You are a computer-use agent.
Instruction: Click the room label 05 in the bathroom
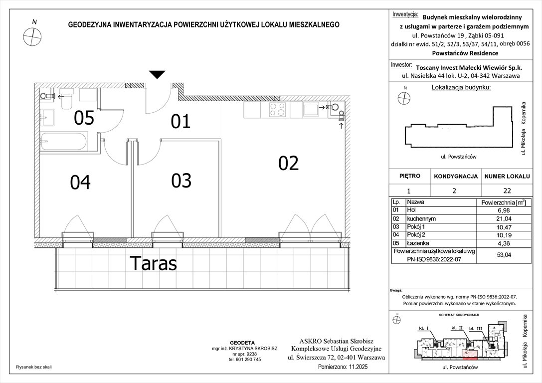(84, 118)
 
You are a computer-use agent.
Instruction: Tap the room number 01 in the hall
(181, 121)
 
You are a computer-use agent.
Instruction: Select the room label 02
(288, 163)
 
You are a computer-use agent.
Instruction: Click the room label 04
(80, 183)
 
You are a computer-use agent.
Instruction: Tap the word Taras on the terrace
(153, 263)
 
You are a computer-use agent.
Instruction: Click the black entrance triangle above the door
(157, 75)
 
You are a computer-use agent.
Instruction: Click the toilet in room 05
(66, 101)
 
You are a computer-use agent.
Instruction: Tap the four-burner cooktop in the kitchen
(277, 109)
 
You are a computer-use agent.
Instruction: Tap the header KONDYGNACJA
(456, 177)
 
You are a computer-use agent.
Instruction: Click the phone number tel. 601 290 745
(244, 360)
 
